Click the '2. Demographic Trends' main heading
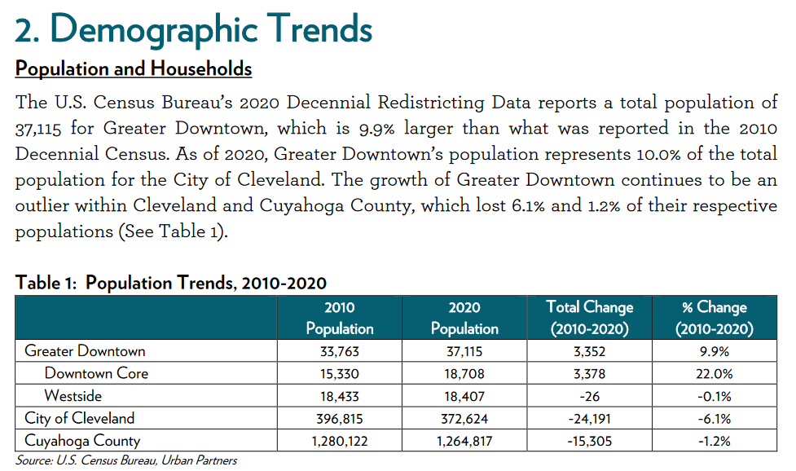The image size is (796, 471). click(x=193, y=30)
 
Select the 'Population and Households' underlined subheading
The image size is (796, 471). click(x=134, y=68)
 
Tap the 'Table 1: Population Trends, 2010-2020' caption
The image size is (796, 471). click(x=170, y=283)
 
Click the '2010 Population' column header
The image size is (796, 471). click(x=340, y=318)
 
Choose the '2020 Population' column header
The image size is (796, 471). click(x=464, y=318)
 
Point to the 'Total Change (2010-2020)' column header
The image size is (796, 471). click(x=589, y=318)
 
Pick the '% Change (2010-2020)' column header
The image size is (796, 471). click(x=715, y=318)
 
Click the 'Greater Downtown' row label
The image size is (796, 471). click(x=85, y=350)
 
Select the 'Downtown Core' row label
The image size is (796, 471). click(x=96, y=373)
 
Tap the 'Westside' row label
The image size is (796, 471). click(x=73, y=395)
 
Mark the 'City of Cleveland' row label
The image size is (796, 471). click(x=80, y=418)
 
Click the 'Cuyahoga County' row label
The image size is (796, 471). click(x=82, y=441)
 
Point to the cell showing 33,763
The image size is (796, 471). click(x=340, y=351)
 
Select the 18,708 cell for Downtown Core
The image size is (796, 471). click(x=464, y=374)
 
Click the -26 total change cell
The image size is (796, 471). click(x=589, y=396)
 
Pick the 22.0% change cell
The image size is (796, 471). click(x=715, y=374)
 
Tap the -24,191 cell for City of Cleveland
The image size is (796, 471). click(x=589, y=419)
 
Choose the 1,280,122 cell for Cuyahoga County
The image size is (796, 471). click(x=340, y=441)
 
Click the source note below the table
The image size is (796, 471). click(x=126, y=460)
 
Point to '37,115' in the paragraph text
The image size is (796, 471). click(x=38, y=129)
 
